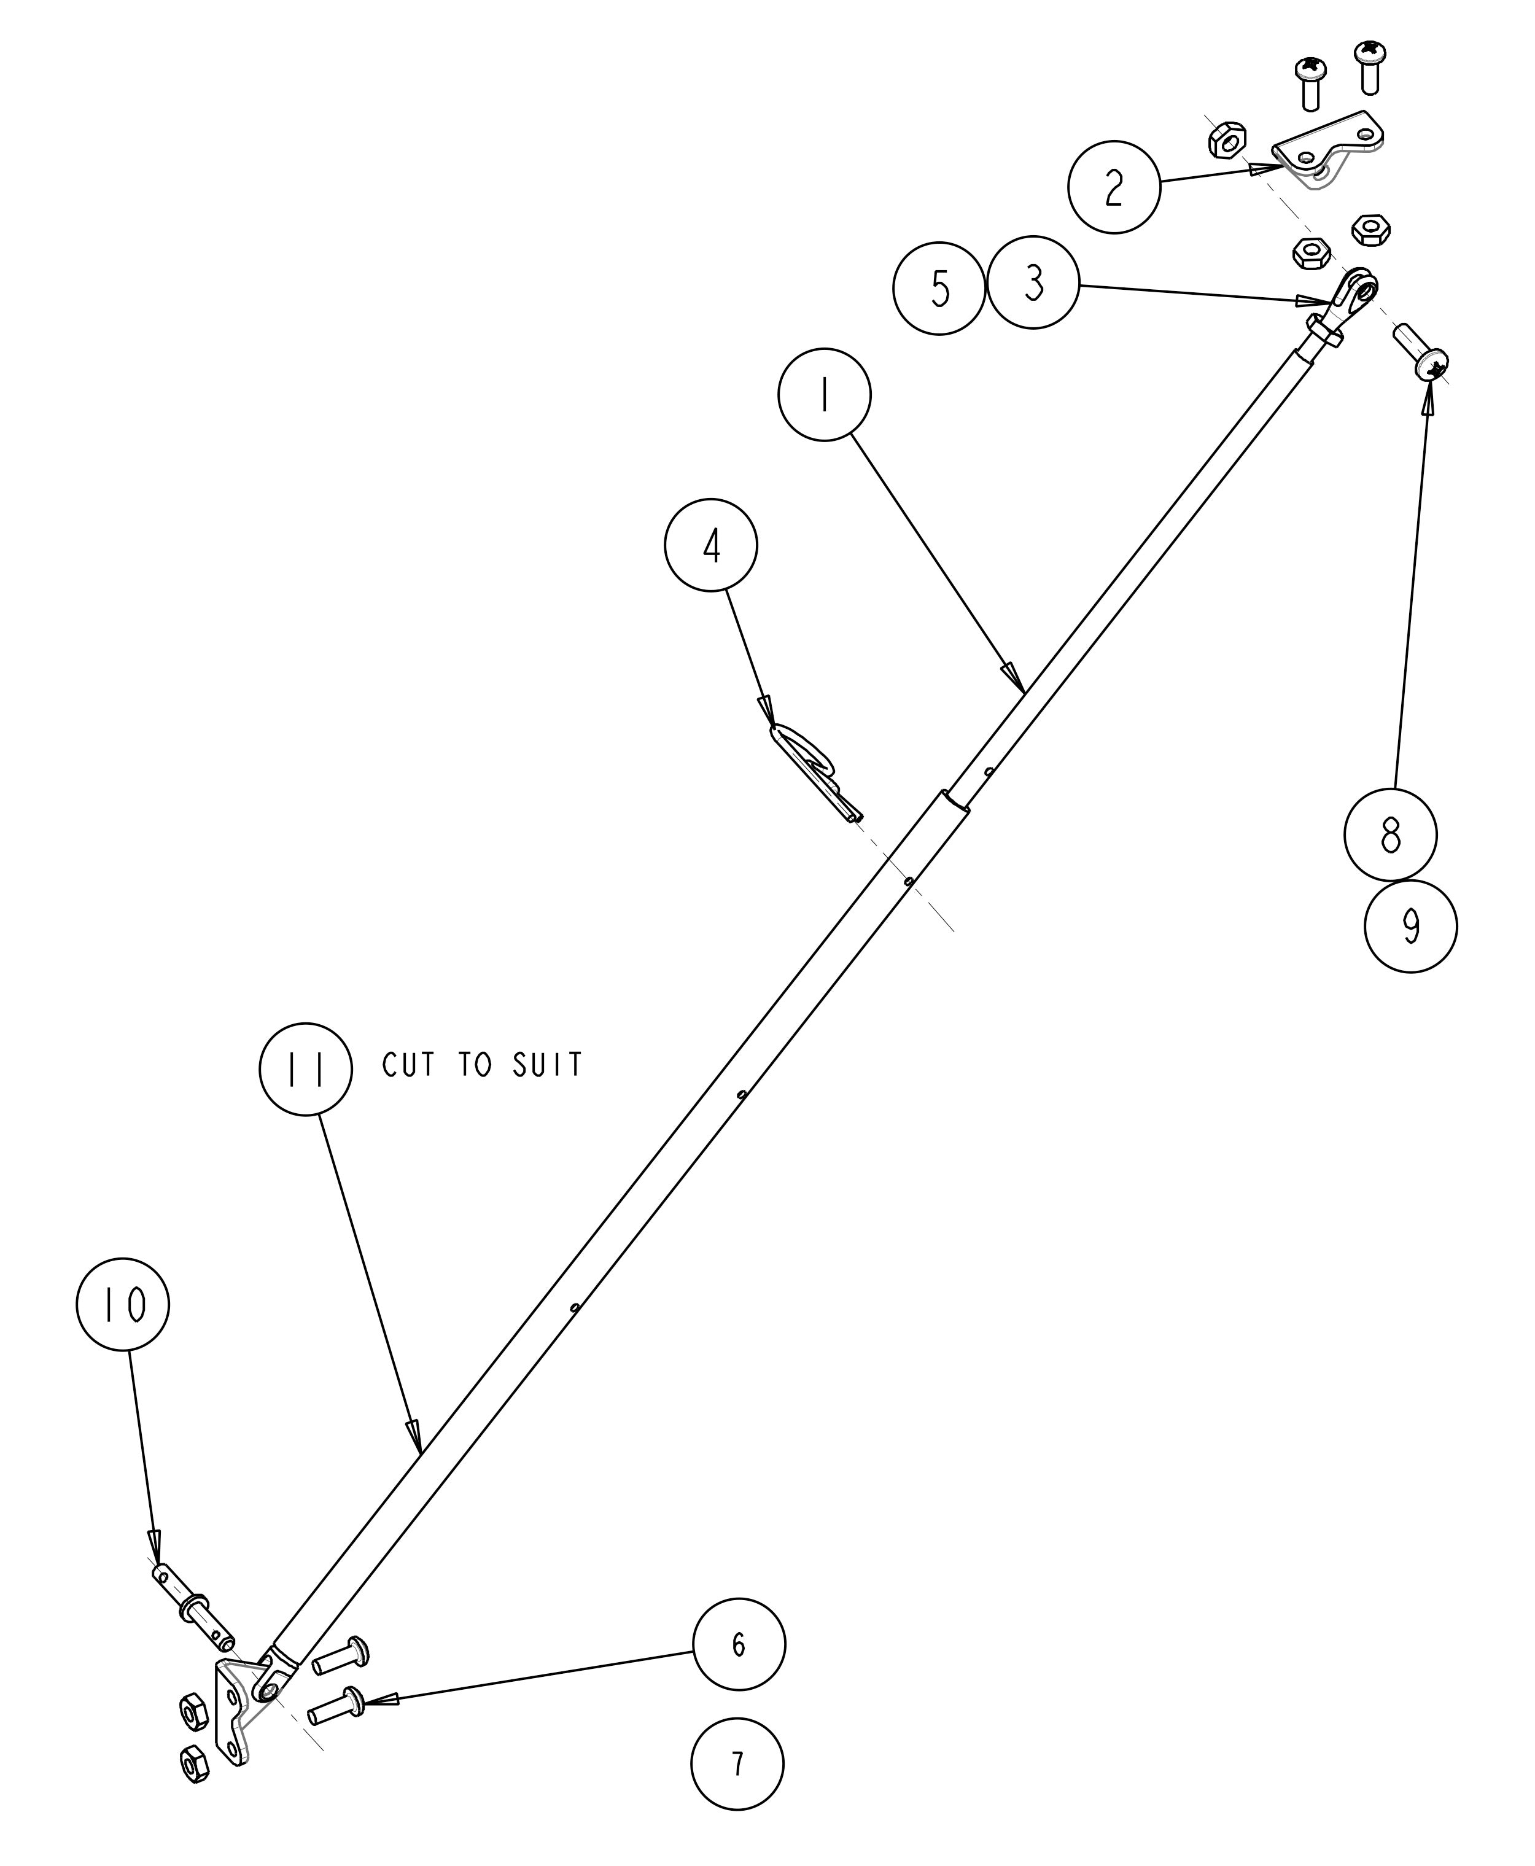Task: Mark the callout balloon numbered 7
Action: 737,1763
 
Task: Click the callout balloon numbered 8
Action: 1390,834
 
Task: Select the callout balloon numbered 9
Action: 1410,927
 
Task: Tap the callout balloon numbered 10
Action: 123,1304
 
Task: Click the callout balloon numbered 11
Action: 305,1068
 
